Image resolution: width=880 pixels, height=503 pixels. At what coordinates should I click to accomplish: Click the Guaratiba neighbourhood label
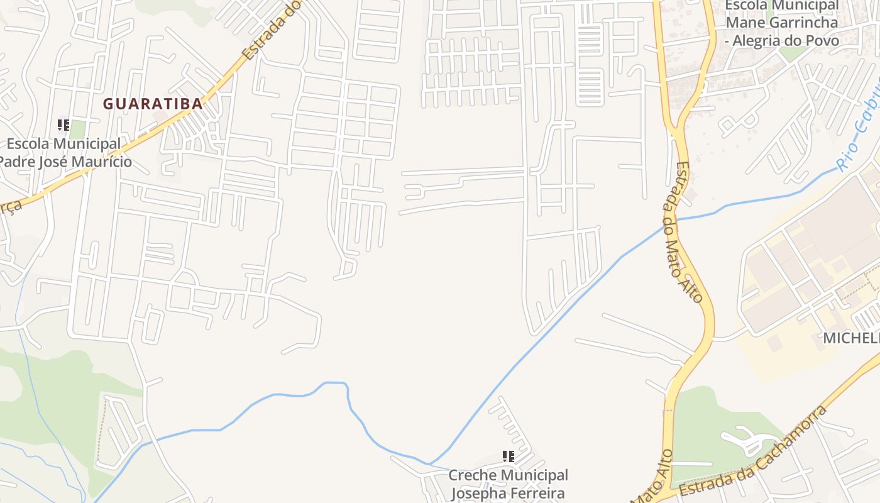click(x=153, y=104)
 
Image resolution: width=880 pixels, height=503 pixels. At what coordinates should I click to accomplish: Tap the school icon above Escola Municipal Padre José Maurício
click(x=63, y=124)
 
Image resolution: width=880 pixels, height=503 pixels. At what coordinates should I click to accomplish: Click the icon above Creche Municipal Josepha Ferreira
click(x=508, y=456)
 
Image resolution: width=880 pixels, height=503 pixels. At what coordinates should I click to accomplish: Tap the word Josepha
click(x=477, y=493)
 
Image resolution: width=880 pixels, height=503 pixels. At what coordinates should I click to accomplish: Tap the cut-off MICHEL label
click(x=851, y=338)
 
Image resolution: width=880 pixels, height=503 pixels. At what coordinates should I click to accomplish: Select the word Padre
click(x=13, y=162)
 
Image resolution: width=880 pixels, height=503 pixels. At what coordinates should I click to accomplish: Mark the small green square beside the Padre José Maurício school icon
click(x=77, y=130)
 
